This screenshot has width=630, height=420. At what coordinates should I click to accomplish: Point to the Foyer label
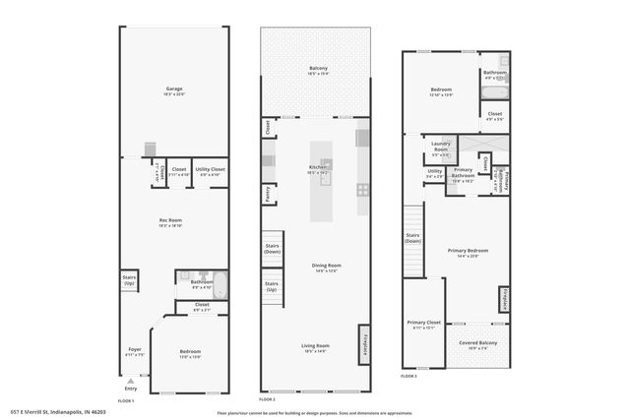pyautogui.click(x=135, y=352)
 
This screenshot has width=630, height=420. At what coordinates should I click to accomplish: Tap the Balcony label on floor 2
pyautogui.click(x=318, y=70)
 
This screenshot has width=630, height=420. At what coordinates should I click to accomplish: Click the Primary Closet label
pyautogui.click(x=423, y=325)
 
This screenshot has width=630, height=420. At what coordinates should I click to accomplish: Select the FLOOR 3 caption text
pyautogui.click(x=409, y=377)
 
